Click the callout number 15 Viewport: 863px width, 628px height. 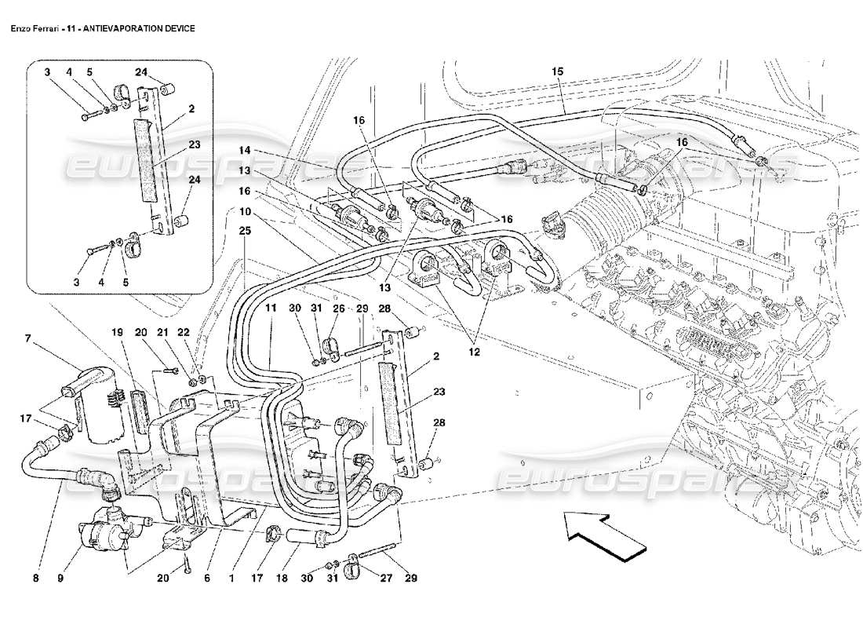[x=557, y=71]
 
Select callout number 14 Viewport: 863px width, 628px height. [x=245, y=149]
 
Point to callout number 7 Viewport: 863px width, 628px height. [x=27, y=339]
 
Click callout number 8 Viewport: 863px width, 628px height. [x=36, y=580]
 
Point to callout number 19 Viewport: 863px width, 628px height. [x=117, y=332]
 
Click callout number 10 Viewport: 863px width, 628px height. [x=245, y=211]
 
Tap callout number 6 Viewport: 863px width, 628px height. [x=207, y=580]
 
